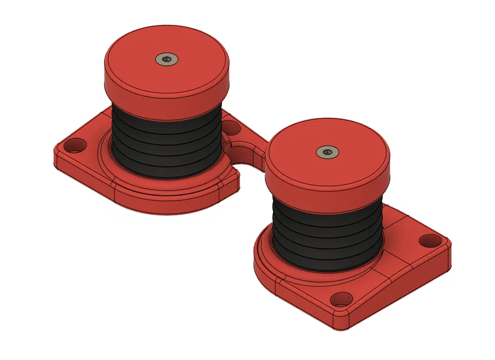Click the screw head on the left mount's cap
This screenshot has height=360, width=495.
pos(167,59)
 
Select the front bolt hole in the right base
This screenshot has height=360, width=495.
pos(342,299)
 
